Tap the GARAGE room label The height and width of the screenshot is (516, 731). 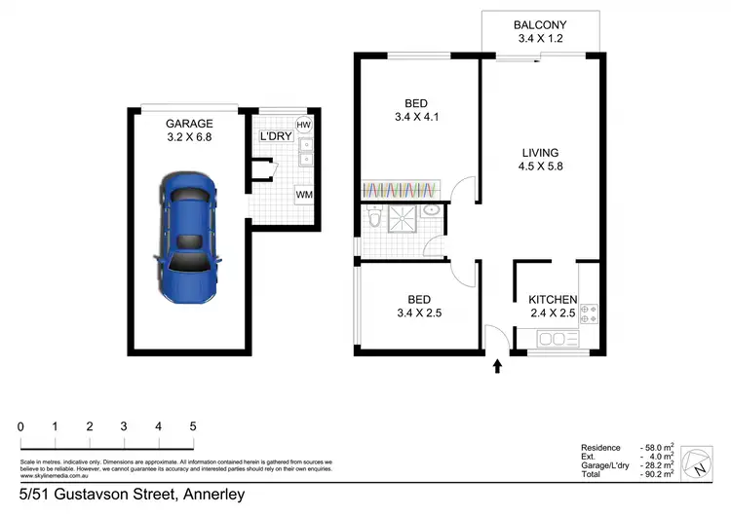pos(188,123)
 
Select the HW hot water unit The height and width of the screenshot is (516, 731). pos(304,126)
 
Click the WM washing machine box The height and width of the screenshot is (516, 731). pos(304,195)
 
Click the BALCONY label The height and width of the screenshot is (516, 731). pos(539,25)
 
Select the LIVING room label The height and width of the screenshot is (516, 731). pos(539,153)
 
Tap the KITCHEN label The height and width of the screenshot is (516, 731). pos(554,299)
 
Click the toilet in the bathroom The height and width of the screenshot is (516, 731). pos(374,220)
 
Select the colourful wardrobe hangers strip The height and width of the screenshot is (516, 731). pos(400,188)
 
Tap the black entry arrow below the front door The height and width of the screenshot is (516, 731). pos(498,367)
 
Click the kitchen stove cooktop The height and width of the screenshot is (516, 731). pos(589,313)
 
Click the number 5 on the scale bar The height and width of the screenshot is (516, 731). pos(193,426)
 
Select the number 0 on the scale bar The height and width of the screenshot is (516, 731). pos(20,426)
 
